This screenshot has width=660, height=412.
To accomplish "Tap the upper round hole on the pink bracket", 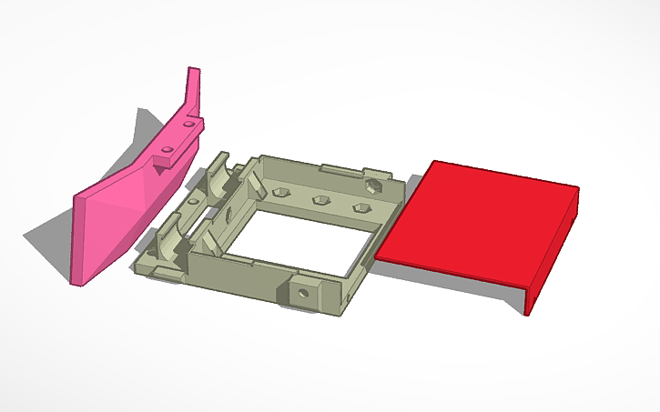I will [x=188, y=121].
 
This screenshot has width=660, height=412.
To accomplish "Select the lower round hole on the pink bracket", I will [x=168, y=147].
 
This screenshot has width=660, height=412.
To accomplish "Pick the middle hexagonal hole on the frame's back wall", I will [x=320, y=200].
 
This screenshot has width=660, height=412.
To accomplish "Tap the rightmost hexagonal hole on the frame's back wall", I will [x=360, y=209].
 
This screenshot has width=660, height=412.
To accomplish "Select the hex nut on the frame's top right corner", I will [x=372, y=186].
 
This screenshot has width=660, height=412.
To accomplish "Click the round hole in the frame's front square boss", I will [x=301, y=294].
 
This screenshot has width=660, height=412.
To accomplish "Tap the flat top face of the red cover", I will [x=473, y=223].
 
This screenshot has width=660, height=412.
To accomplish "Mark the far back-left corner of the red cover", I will [x=434, y=163].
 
